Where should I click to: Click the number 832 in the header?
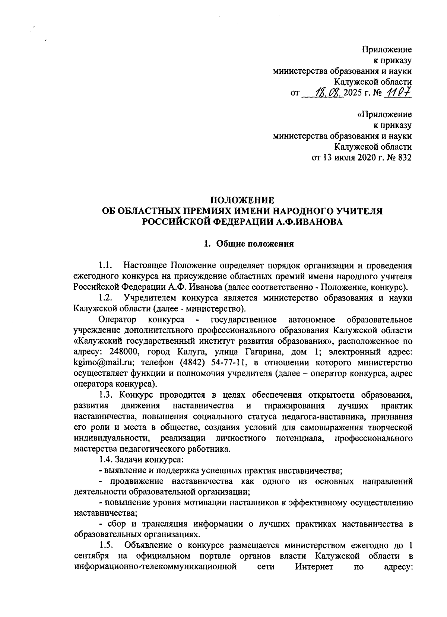click(405, 158)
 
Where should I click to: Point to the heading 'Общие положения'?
click(255, 244)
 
